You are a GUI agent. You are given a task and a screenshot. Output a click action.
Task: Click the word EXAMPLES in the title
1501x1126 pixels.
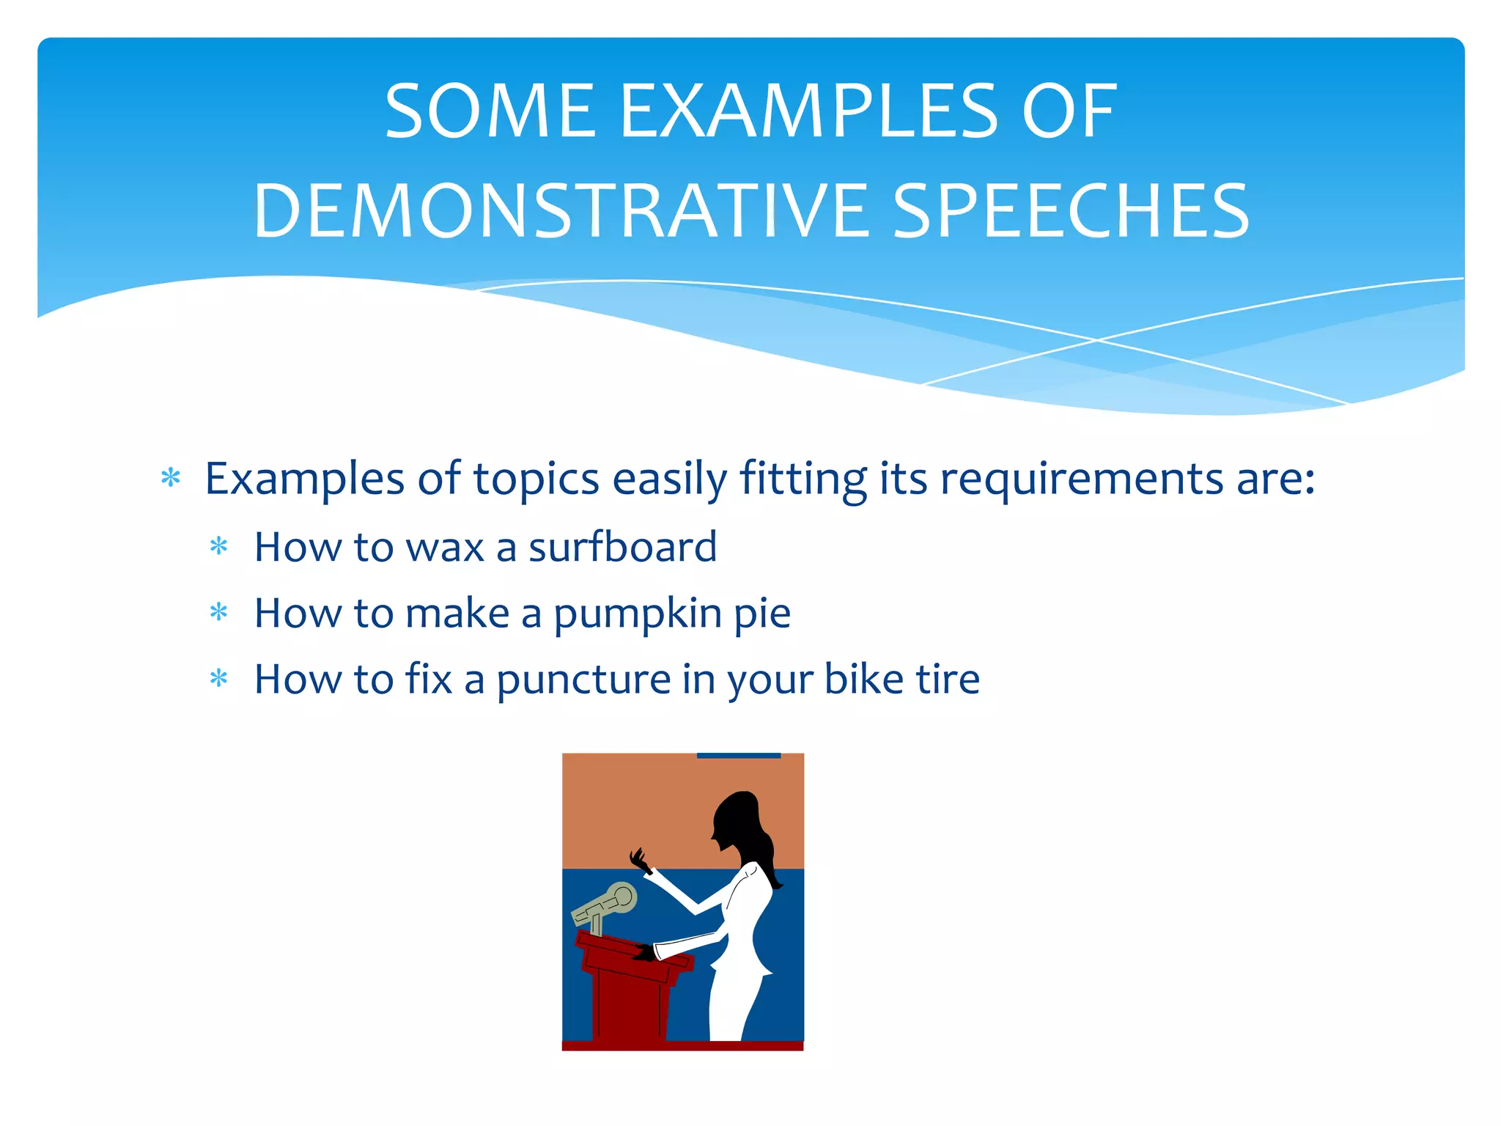(x=808, y=111)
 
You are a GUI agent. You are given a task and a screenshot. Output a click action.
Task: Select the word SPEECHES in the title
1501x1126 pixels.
(x=1071, y=211)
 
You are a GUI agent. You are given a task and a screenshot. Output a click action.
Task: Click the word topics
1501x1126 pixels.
(x=536, y=480)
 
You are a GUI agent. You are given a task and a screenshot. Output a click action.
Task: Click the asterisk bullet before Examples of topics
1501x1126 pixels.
(x=171, y=478)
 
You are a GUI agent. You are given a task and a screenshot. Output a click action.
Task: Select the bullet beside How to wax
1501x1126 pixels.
(x=218, y=546)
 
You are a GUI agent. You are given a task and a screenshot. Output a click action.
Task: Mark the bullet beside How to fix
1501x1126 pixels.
(x=218, y=678)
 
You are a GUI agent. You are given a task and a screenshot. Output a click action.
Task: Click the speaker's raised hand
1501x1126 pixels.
(x=638, y=860)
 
